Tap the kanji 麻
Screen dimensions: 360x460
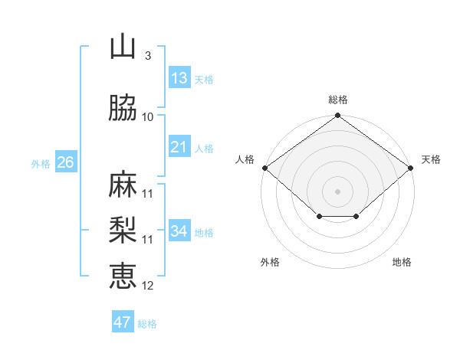(123, 185)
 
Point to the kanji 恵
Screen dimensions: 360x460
(123, 275)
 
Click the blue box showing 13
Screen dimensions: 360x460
(179, 78)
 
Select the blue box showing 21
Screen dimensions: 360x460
(179, 147)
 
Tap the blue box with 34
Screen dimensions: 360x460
(179, 231)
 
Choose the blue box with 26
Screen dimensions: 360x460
(65, 162)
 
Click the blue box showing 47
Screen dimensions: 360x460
(123, 322)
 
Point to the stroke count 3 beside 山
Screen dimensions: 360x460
(147, 56)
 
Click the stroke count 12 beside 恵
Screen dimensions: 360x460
(148, 286)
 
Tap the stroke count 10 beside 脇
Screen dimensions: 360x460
(148, 117)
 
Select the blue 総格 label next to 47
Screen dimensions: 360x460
(147, 324)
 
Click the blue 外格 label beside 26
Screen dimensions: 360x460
(41, 164)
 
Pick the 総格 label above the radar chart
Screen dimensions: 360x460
(338, 100)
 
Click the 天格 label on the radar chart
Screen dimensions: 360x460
(431, 159)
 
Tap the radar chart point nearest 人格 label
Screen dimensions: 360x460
(264, 168)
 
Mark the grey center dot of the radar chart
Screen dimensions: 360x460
(337, 191)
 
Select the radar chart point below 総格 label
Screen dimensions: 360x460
(337, 116)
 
